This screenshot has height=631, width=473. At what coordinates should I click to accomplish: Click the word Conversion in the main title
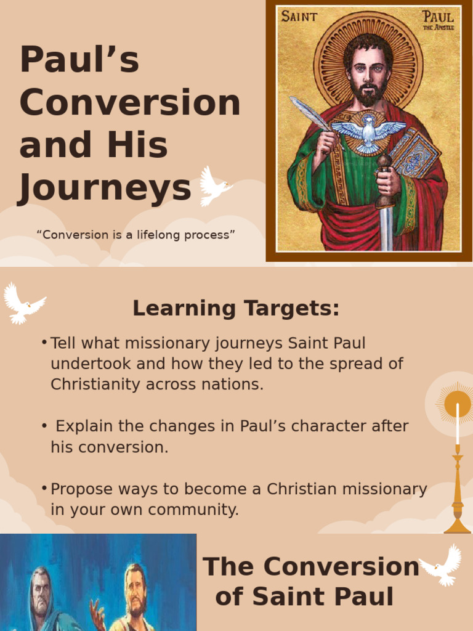[x=129, y=103]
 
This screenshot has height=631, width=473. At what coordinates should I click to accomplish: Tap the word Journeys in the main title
[x=105, y=188]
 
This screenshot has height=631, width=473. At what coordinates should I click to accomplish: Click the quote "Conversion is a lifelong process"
[x=136, y=235]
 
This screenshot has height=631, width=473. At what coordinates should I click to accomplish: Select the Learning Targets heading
[x=236, y=308]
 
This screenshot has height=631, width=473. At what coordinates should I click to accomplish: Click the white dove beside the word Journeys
[x=214, y=185]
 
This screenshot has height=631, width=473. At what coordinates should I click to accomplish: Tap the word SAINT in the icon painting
[x=299, y=17]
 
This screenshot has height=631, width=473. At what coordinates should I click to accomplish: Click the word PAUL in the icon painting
[x=438, y=16]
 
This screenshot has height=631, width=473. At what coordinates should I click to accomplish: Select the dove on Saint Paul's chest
[x=368, y=131]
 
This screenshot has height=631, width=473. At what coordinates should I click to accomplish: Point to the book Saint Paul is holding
[x=414, y=152]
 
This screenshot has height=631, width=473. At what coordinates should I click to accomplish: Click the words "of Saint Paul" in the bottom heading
[x=304, y=596]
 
